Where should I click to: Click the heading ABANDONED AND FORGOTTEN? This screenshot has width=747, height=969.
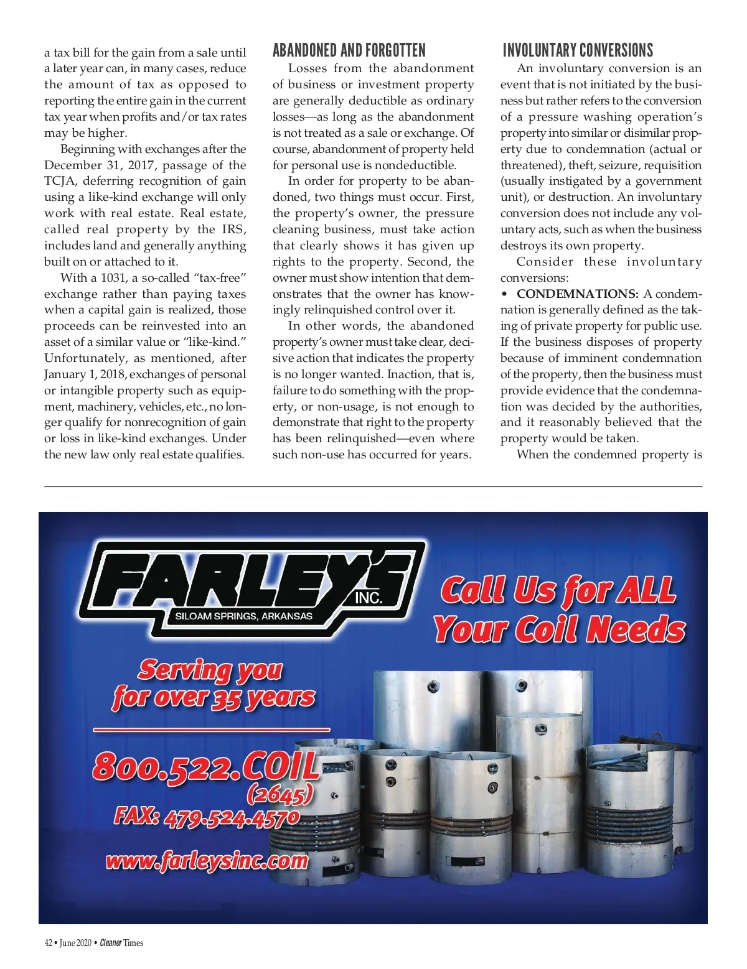349,50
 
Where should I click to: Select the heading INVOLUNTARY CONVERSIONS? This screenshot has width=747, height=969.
578,50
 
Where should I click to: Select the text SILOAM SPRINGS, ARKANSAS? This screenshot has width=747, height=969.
243,616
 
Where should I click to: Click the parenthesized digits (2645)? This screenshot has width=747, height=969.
280,794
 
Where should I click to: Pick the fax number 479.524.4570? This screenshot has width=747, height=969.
231,817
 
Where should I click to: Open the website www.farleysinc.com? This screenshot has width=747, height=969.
207,861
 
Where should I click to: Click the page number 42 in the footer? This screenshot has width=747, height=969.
48,943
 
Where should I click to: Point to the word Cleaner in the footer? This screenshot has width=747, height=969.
111,943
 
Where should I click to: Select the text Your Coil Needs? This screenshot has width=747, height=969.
559,629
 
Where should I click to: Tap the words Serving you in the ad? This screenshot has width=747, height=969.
210,670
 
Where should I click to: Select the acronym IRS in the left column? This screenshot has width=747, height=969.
233,229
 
